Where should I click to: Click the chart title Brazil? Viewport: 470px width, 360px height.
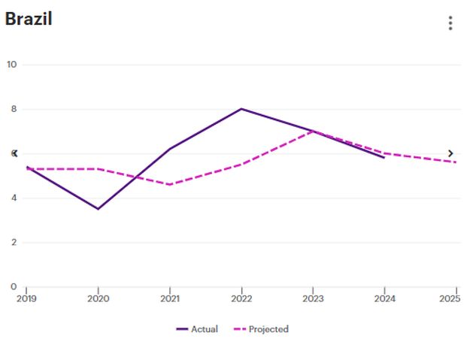click(x=28, y=20)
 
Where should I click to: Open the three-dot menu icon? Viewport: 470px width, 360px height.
click(x=450, y=23)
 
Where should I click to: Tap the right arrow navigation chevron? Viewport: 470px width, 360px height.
click(x=450, y=153)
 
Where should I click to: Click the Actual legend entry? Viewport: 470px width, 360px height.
click(x=197, y=329)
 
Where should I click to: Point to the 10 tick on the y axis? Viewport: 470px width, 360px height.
click(x=11, y=65)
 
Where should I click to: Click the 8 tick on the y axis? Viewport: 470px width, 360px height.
click(x=14, y=109)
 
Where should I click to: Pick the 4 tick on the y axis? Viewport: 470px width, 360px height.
click(x=14, y=198)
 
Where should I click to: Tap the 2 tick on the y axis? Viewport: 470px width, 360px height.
click(x=14, y=243)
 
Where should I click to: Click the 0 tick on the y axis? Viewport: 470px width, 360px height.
click(x=14, y=286)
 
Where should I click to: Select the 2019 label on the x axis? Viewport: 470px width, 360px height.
click(x=26, y=298)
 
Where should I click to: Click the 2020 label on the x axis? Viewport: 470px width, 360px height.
click(x=98, y=298)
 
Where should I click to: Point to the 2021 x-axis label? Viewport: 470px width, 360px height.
click(x=170, y=298)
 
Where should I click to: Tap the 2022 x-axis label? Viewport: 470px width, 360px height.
click(x=241, y=298)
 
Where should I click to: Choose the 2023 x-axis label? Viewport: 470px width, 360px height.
click(x=313, y=298)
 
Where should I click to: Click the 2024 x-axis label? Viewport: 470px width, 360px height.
click(x=384, y=298)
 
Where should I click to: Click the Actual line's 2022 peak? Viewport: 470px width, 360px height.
click(x=241, y=109)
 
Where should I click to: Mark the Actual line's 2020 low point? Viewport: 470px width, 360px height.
click(x=98, y=209)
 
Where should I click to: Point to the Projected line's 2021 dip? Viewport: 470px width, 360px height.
click(x=170, y=184)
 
